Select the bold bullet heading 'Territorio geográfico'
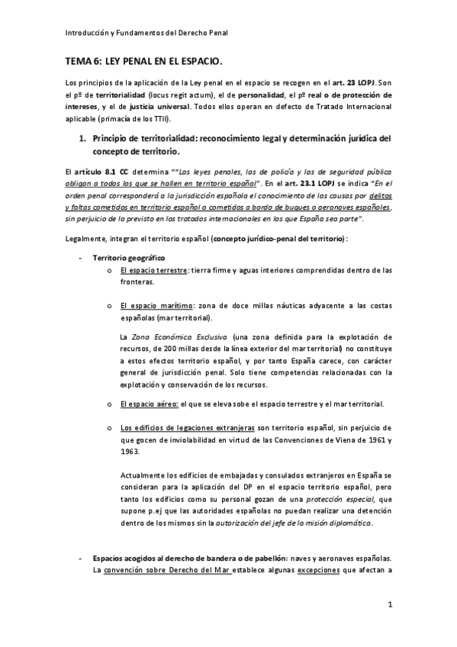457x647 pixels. [128, 257]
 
